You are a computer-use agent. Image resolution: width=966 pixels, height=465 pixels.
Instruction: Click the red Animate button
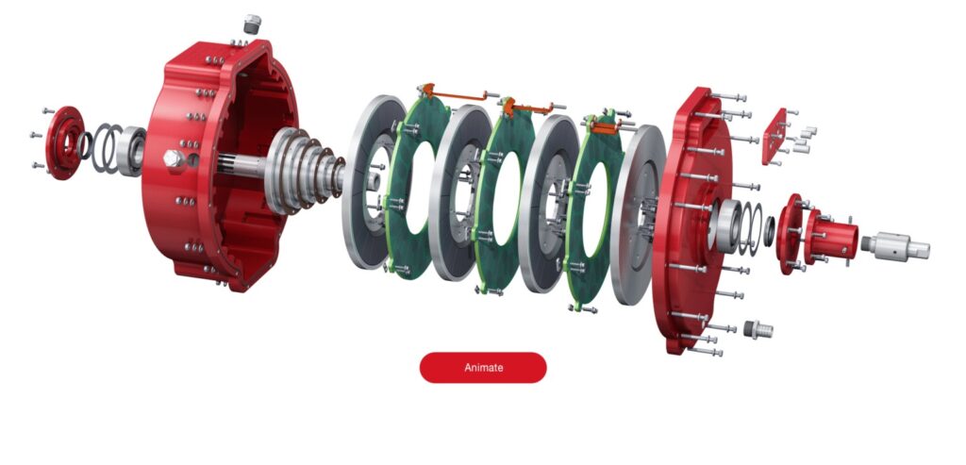pos(482,367)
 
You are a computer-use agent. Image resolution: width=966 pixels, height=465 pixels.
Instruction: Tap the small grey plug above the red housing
pos(252,23)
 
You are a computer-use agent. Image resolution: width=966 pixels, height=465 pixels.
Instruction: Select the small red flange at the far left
pos(62,141)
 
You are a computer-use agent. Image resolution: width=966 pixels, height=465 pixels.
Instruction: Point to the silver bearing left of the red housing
pos(131,151)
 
